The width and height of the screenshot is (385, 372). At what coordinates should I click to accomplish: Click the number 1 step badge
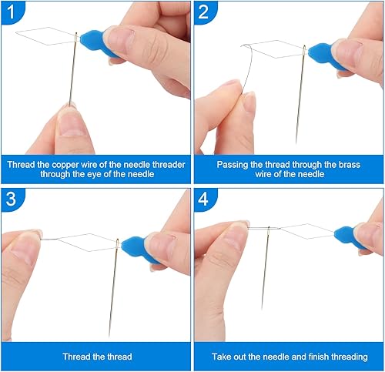[x=12, y=12]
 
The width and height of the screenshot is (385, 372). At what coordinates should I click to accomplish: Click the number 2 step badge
[x=204, y=12]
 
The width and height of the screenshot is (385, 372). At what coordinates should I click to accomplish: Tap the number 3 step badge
[x=12, y=199]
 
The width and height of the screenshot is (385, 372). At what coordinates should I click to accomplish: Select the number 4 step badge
[x=204, y=199]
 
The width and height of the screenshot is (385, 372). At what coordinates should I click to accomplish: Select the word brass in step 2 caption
[x=350, y=165]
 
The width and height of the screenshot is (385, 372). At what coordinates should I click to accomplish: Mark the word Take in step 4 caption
[x=221, y=357]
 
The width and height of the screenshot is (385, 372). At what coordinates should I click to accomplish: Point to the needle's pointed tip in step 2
[x=296, y=143]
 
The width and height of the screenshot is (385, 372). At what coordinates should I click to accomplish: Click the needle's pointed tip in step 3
[x=109, y=336]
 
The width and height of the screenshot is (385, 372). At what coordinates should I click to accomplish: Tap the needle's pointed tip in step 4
[x=262, y=308]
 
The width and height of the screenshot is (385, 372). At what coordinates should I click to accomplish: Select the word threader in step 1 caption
[x=169, y=165]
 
